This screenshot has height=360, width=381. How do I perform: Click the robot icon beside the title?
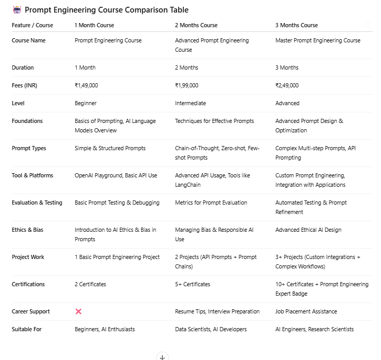17,9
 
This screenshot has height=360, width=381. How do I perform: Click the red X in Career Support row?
78,311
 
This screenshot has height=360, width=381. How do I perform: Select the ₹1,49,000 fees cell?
86,85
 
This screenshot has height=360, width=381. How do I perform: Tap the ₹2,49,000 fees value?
287,85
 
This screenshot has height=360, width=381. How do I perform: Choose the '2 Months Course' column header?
196,25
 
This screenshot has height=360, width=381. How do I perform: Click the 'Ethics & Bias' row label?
27,230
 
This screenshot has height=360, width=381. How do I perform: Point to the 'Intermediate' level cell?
190,103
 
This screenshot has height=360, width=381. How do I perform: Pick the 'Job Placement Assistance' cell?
306,311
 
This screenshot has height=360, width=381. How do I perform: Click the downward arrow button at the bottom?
162,357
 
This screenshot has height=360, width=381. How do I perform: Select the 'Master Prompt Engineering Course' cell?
318,40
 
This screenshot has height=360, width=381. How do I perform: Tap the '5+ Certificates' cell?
192,284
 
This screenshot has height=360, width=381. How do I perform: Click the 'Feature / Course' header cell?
33,25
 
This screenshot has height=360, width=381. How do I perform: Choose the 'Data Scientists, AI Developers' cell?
211,329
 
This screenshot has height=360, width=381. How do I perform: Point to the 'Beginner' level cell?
86,103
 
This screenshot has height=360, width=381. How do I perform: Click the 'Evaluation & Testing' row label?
37,203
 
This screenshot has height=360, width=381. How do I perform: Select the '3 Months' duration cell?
287,67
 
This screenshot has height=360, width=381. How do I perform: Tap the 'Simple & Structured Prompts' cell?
110,148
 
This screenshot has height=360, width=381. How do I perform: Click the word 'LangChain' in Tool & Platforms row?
188,185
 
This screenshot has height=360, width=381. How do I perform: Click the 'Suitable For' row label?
27,329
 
